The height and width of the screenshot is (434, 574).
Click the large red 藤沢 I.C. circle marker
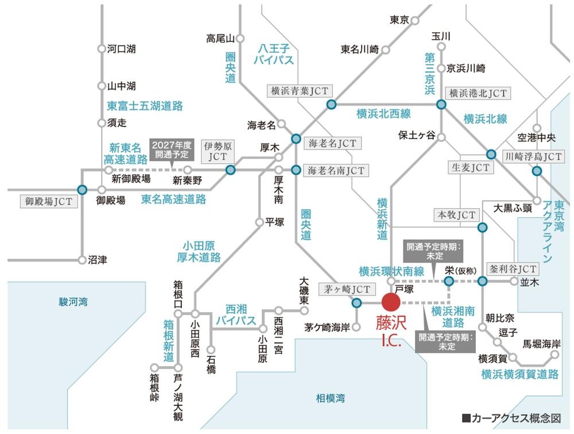pyautogui.click(x=391, y=302)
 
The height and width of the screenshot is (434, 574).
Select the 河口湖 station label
pyautogui.click(x=121, y=49)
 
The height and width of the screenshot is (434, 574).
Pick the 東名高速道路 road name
pyautogui.click(x=173, y=199)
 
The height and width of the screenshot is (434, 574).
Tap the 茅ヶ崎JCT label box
pyautogui.click(x=346, y=289)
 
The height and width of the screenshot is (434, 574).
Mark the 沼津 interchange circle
pyautogui.click(x=82, y=260)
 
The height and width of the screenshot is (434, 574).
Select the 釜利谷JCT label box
pyautogui.click(x=511, y=268)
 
